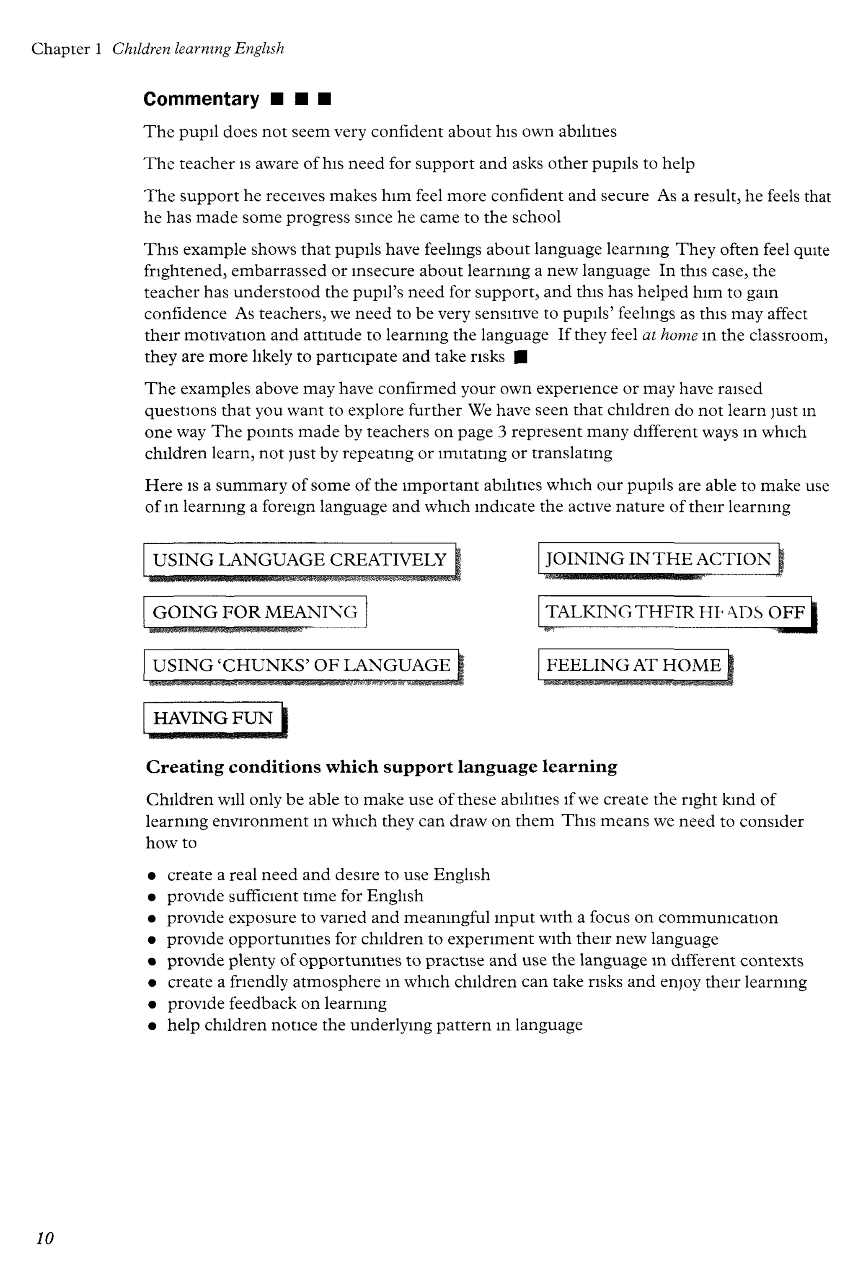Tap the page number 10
click(x=45, y=1238)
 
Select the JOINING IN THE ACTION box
click(x=658, y=559)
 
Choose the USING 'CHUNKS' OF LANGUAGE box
click(x=301, y=665)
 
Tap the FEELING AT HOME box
click(x=633, y=665)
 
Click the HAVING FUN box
click(x=213, y=717)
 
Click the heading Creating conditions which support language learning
click(x=381, y=766)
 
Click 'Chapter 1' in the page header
click(x=66, y=49)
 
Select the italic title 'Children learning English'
click(x=198, y=49)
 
